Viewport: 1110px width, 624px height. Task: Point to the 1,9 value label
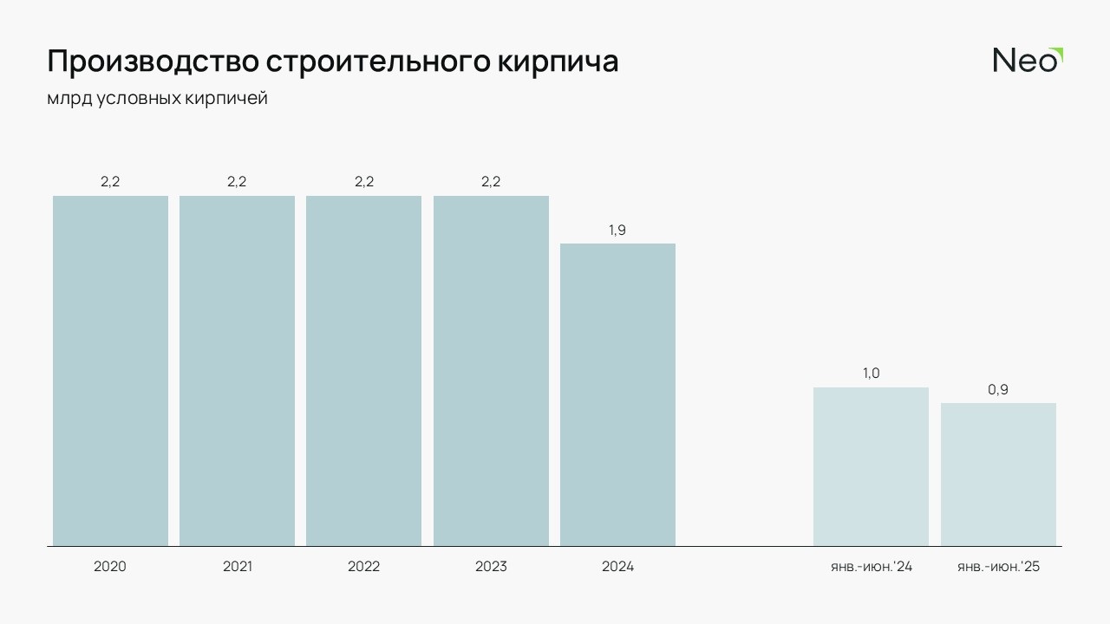617,230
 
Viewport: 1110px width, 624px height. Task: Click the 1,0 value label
871,374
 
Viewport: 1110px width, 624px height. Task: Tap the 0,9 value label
998,390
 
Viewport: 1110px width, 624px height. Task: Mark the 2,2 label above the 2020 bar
110,182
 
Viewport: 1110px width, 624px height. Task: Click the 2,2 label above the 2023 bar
491,182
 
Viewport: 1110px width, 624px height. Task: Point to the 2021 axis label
237,567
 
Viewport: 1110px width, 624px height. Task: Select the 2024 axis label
617,567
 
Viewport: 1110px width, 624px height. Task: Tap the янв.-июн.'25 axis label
998,567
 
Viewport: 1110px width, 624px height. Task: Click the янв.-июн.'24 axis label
871,567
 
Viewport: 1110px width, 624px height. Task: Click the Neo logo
1027,60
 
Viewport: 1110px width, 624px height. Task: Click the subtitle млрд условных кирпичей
157,99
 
